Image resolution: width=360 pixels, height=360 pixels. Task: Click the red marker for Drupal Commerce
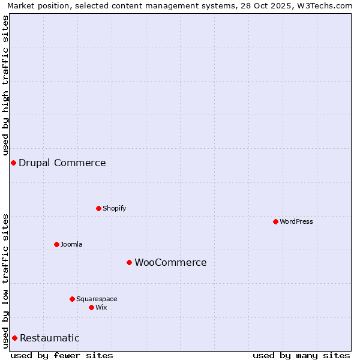[13, 163]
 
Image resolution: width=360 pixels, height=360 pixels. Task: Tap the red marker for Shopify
[99, 208]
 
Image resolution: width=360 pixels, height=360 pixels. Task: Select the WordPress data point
[276, 221]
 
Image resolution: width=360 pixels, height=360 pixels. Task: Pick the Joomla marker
[57, 244]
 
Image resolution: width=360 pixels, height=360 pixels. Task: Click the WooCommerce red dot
[129, 262]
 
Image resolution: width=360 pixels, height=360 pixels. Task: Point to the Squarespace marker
[73, 299]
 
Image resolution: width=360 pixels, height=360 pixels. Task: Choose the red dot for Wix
[92, 307]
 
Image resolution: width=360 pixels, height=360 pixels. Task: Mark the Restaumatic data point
[14, 338]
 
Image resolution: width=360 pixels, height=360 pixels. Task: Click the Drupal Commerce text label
[62, 163]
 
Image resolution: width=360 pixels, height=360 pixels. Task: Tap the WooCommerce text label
[170, 262]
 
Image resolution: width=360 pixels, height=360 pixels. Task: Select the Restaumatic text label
[50, 338]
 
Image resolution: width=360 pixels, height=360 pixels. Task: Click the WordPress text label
[296, 221]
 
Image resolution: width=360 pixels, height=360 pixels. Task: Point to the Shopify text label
[115, 208]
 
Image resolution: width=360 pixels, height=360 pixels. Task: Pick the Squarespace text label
[97, 299]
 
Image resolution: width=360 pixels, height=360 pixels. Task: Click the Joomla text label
[71, 244]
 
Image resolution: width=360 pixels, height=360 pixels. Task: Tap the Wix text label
[101, 307]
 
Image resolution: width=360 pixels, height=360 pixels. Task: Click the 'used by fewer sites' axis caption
[62, 355]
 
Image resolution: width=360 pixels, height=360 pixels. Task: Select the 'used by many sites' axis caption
[301, 355]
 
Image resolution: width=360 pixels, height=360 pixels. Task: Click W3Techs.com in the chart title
[326, 5]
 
